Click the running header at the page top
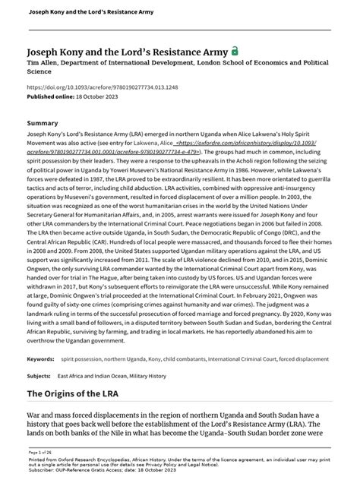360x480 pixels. click(74, 12)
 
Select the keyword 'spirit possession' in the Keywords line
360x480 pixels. click(84, 336)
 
